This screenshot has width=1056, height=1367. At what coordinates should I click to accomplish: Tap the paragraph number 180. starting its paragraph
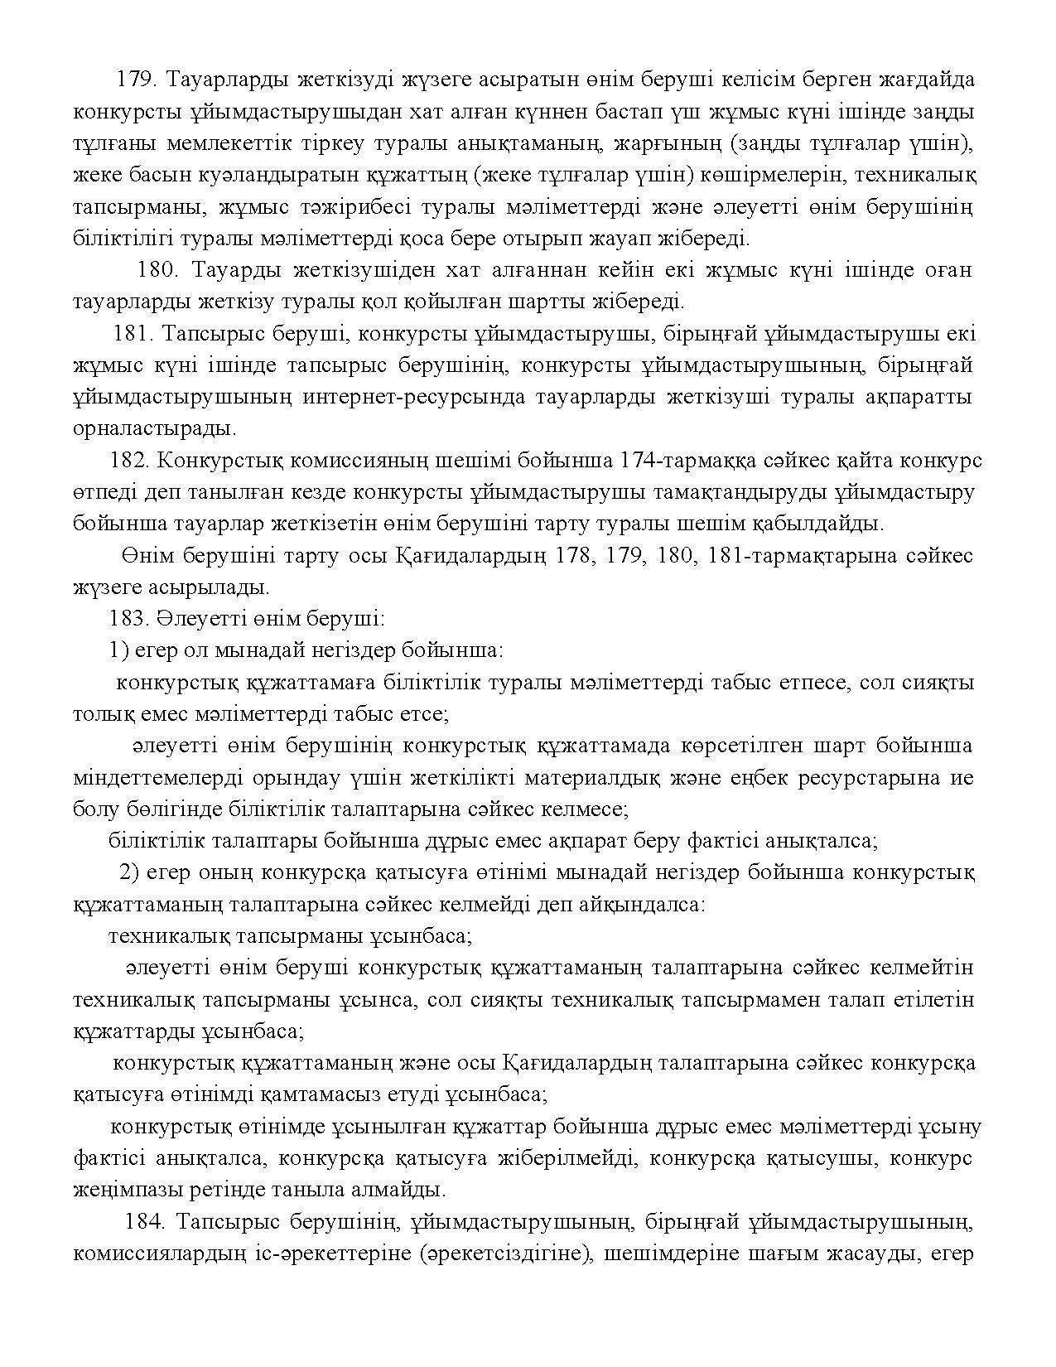tap(157, 270)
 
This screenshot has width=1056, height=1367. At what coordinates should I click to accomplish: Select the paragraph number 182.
tap(128, 460)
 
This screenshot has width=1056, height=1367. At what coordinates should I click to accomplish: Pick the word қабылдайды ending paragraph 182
tap(823, 524)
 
